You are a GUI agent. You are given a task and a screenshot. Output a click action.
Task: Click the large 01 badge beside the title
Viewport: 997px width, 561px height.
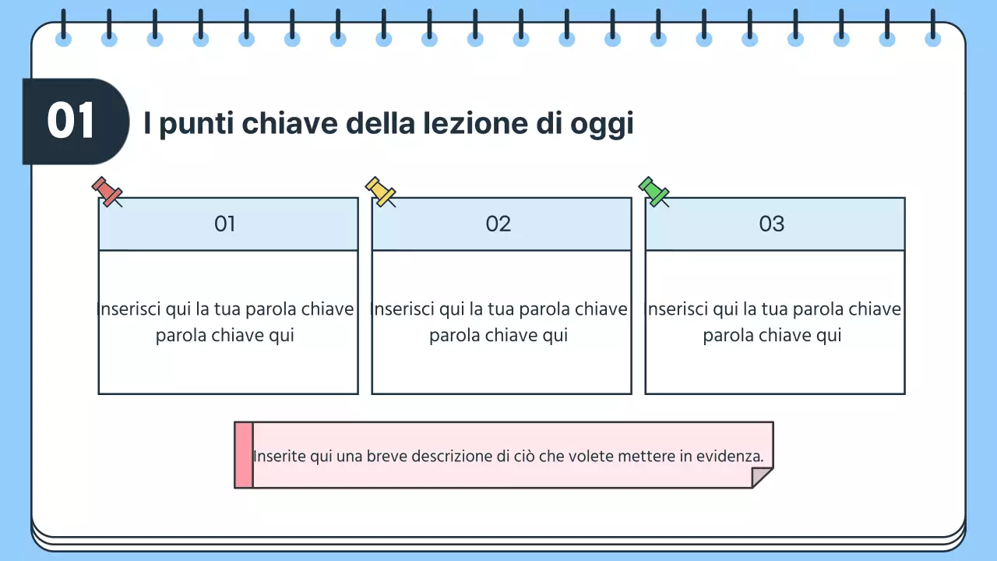click(x=72, y=122)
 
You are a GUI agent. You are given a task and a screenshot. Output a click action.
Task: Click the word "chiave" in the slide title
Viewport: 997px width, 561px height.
click(x=288, y=123)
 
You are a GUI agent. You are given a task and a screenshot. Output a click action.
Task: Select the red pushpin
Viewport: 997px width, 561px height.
click(x=107, y=191)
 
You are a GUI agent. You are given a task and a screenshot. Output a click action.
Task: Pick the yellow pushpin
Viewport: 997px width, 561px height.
click(x=380, y=191)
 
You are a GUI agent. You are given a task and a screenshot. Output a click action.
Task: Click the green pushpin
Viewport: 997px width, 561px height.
click(x=654, y=191)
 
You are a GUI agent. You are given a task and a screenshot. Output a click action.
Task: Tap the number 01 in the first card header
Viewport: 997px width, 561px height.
click(x=225, y=224)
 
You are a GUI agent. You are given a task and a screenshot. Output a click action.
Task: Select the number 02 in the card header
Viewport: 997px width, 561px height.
click(x=498, y=224)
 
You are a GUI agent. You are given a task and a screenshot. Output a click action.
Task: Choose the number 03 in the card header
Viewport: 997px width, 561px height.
click(x=772, y=224)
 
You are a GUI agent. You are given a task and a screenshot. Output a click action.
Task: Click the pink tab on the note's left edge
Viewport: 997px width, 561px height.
click(x=243, y=455)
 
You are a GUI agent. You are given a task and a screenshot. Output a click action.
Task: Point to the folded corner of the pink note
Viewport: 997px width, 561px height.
click(x=763, y=478)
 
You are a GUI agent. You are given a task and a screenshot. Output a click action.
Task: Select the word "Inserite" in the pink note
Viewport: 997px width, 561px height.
click(x=280, y=457)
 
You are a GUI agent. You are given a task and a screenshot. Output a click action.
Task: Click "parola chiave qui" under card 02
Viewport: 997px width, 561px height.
click(x=498, y=336)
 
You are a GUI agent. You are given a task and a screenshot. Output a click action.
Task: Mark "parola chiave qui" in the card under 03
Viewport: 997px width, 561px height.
click(x=772, y=336)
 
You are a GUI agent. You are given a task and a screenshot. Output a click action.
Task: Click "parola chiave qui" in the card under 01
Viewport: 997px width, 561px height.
click(x=225, y=336)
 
